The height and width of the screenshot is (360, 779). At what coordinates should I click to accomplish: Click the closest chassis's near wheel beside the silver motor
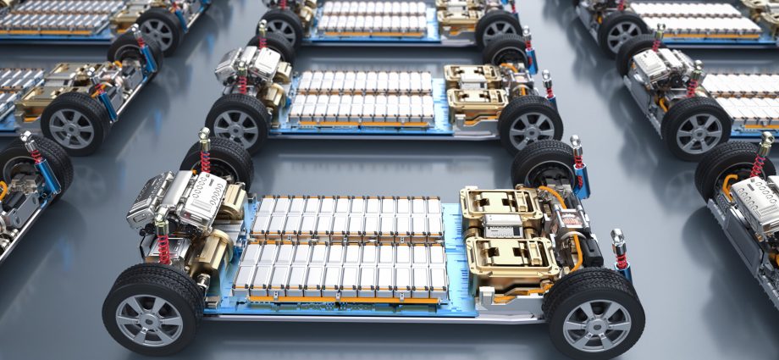click(152, 308)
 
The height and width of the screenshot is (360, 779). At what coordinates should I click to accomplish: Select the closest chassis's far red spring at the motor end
click(204, 152)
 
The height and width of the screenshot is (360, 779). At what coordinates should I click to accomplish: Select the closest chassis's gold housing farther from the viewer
click(500, 204)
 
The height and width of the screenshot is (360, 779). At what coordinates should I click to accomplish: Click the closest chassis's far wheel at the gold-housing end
click(546, 166)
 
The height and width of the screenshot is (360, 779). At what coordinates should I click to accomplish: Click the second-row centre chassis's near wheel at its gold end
click(530, 125)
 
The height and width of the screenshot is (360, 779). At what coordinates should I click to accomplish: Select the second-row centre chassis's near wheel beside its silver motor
click(237, 122)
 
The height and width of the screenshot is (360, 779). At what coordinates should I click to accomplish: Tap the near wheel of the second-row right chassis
click(696, 127)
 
